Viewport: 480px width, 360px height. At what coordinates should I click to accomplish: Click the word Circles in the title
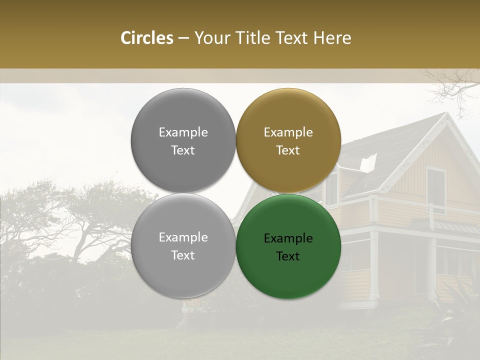coord(146,38)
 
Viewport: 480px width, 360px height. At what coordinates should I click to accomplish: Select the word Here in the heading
coord(332,38)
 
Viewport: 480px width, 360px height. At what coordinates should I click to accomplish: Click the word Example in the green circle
coord(288,238)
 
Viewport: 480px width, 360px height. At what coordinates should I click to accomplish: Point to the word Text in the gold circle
coord(288,150)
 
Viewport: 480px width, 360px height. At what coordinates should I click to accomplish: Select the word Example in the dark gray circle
coord(183,132)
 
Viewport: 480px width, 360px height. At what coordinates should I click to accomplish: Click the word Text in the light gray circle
coord(183,255)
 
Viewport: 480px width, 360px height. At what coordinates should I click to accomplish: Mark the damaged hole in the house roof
coord(368,162)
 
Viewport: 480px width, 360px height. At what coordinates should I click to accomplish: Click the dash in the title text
coord(183,38)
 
